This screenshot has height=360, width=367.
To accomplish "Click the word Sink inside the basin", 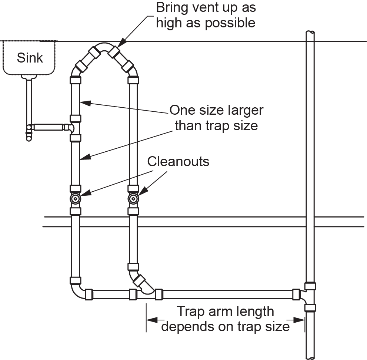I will click(x=30, y=58).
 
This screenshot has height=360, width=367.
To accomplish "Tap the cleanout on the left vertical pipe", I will click(x=76, y=199).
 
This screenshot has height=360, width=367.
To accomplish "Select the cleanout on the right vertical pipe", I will click(x=133, y=199).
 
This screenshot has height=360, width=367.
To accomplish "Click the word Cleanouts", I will click(x=178, y=162).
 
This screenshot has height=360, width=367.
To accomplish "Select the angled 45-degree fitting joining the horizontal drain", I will click(x=143, y=283).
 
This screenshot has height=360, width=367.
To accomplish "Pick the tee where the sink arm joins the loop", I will click(x=74, y=128).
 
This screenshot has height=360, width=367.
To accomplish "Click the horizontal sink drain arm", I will click(x=48, y=127).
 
